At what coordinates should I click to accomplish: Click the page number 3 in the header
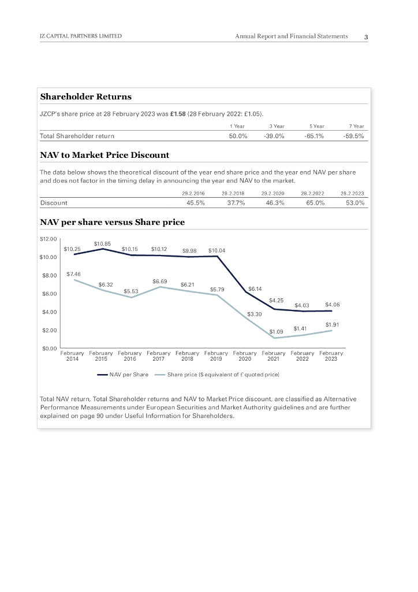coord(366,37)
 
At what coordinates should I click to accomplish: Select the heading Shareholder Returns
coord(85,97)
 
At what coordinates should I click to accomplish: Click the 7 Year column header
coord(358,125)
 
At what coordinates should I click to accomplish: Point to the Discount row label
coord(54,203)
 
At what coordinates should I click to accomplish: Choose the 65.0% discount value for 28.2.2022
coord(315,203)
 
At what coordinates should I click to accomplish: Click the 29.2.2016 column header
coord(193,193)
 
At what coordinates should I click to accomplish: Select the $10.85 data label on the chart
coord(102,243)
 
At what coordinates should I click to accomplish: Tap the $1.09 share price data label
coord(277,331)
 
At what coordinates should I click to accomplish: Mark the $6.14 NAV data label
coord(255,288)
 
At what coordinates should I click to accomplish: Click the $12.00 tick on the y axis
coord(48,238)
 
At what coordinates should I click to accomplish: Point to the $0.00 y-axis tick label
coord(48,349)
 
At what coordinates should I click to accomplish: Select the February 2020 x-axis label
coord(245,356)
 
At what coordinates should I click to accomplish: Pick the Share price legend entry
coord(223,375)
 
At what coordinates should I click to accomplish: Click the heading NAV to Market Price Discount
coord(104,155)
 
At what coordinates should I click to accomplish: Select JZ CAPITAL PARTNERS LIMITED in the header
coord(80,36)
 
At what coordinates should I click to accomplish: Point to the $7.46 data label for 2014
coord(73,273)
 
